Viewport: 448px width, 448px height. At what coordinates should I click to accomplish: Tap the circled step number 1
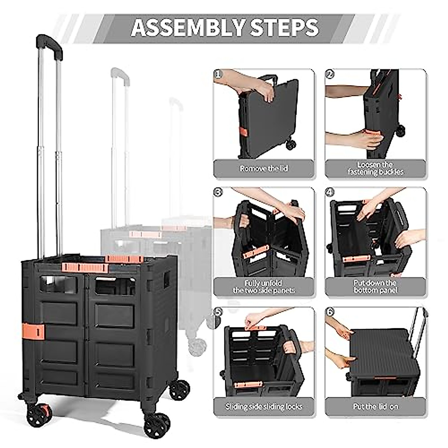click(x=219, y=74)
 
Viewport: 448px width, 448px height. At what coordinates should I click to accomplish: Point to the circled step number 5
click(x=219, y=312)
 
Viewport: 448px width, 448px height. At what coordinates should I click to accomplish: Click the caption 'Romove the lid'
click(x=264, y=169)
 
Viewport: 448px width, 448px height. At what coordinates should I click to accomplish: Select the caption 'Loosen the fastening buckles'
click(x=375, y=169)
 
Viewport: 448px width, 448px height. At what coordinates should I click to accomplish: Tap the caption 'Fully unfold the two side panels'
click(x=264, y=287)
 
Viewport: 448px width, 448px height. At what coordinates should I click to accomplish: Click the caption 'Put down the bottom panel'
click(x=375, y=287)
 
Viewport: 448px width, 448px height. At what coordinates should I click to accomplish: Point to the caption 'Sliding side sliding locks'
click(x=264, y=407)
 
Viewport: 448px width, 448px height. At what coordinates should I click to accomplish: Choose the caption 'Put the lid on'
click(x=375, y=407)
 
